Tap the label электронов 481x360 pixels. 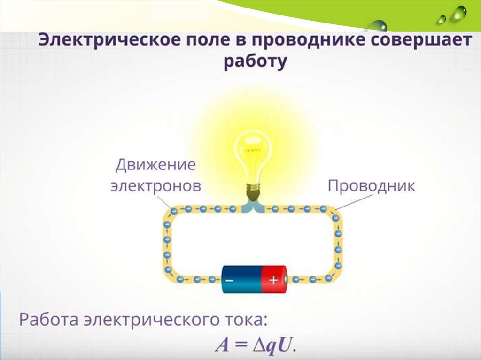pyautogui.click(x=155, y=186)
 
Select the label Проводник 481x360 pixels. pyautogui.click(x=371, y=185)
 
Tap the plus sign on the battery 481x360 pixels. pyautogui.click(x=273, y=280)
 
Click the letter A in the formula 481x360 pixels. pyautogui.click(x=222, y=345)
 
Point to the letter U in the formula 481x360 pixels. pyautogui.click(x=285, y=345)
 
